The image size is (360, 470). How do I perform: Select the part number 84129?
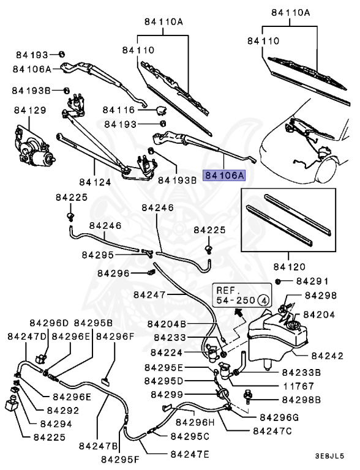30,110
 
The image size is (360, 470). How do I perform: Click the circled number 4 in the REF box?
262,300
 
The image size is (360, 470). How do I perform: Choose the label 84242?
328,355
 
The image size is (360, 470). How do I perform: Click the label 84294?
56,423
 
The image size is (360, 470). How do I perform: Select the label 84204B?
167,324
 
